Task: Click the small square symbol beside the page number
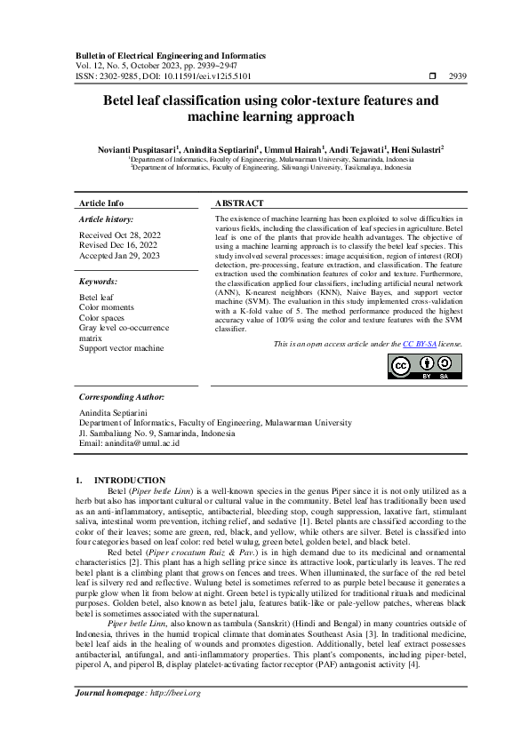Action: tap(432, 77)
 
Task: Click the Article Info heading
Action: tap(101, 203)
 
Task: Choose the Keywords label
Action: tap(98, 282)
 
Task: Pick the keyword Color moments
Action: tap(107, 307)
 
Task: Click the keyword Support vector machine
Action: tap(122, 348)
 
